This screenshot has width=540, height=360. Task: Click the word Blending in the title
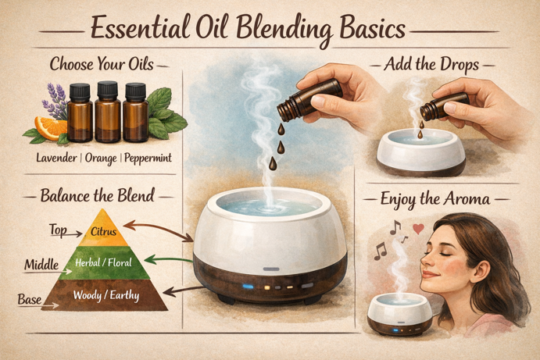coord(274,30)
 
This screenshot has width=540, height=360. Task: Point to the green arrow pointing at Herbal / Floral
coord(174,260)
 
